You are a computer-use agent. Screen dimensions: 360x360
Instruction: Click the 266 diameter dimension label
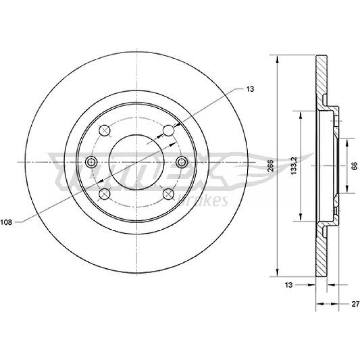coord(271,166)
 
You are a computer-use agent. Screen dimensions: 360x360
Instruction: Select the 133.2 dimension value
coord(294,166)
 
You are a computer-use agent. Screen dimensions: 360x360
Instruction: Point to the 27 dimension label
coord(355,304)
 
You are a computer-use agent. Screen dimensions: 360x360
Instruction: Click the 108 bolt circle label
coord(6,222)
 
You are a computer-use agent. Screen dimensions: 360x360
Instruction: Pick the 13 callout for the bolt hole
coord(250,89)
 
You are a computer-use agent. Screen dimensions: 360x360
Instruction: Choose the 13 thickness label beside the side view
coord(289,285)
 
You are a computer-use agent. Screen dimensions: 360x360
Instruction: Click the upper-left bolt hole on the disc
coord(105,130)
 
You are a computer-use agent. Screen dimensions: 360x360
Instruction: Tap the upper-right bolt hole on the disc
coord(169,130)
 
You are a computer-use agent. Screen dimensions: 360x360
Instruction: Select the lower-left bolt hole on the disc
coord(105,194)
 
